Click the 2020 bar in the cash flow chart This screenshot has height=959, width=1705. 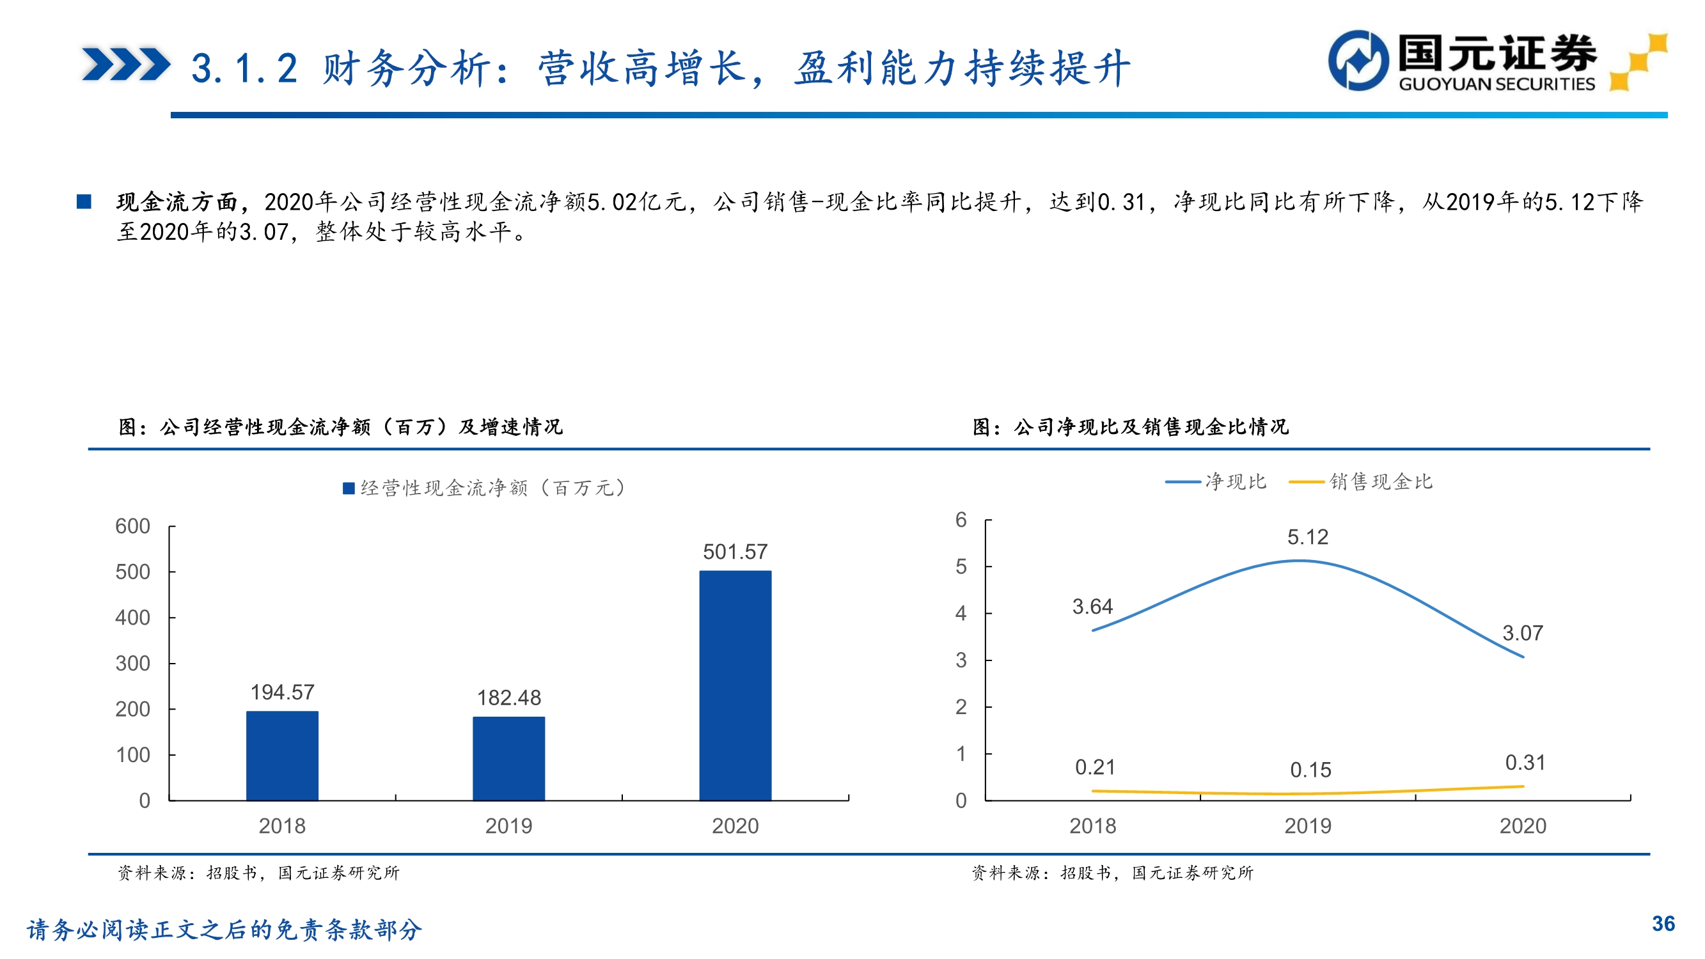click(x=735, y=685)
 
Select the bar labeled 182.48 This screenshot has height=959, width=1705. click(x=508, y=758)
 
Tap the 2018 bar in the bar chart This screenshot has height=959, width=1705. click(x=282, y=756)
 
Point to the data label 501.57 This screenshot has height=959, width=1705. click(x=735, y=551)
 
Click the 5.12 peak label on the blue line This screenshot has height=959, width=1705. click(x=1307, y=537)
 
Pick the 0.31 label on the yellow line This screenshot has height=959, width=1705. click(x=1525, y=763)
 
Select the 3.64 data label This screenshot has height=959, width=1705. click(x=1092, y=606)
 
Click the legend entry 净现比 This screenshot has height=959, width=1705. click(x=1235, y=482)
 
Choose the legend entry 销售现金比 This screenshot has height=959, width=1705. click(x=1381, y=482)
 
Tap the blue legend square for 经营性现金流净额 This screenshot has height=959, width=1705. click(x=349, y=488)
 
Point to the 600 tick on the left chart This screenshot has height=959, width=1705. click(x=132, y=526)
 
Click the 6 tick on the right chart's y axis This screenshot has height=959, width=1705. click(x=961, y=520)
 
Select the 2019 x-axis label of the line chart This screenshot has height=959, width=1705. click(x=1307, y=825)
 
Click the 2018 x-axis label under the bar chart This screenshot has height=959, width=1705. click(x=282, y=825)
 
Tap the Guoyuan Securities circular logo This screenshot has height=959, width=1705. click(x=1358, y=60)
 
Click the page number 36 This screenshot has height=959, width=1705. click(x=1663, y=923)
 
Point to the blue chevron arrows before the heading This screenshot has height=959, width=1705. click(x=126, y=65)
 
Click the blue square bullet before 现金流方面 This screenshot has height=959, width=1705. click(x=84, y=201)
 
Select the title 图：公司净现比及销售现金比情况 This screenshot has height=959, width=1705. click(x=1131, y=427)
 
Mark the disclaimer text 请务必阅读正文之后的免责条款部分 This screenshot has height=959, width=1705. click(x=224, y=929)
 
